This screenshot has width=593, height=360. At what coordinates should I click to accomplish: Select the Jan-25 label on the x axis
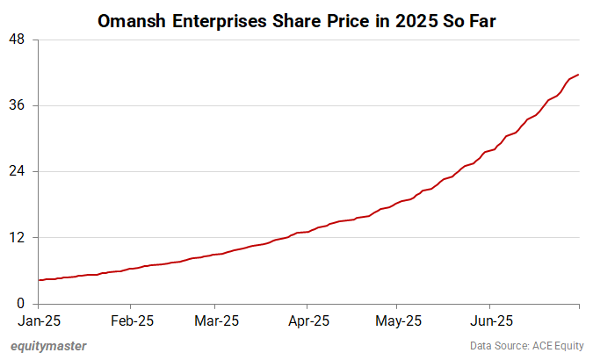pos(39,320)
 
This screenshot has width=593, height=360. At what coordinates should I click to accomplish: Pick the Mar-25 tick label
pos(218,320)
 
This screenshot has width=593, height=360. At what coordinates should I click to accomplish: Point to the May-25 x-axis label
pos(398,320)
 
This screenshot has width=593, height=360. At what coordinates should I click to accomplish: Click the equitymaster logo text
pos(48,346)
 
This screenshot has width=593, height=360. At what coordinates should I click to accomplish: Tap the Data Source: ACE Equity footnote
pos(524,346)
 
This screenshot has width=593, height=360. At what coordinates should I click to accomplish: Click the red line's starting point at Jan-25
pos(40,280)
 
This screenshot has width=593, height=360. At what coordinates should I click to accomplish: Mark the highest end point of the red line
pos(578,75)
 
